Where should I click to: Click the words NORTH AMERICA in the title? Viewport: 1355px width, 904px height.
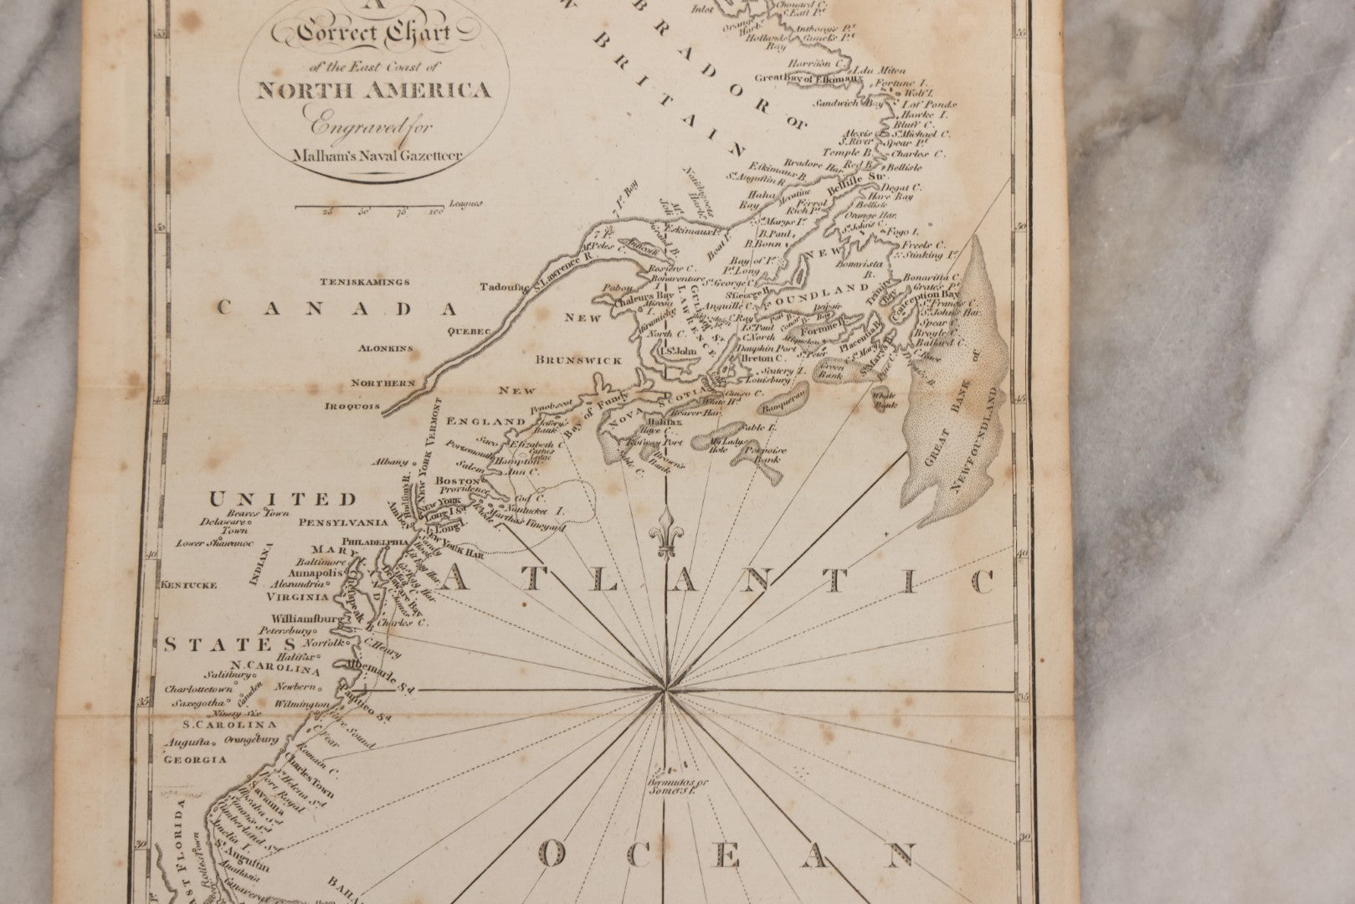(374, 90)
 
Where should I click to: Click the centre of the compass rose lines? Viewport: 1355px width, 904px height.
(665, 690)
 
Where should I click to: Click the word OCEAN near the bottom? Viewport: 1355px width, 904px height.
(724, 855)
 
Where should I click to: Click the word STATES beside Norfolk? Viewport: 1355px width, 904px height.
(229, 645)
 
